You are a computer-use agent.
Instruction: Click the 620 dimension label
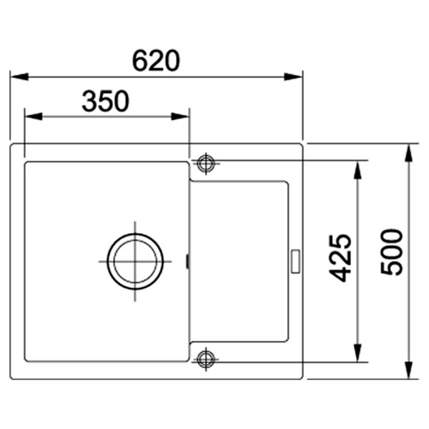point(156,61)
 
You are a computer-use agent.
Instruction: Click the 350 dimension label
point(105,101)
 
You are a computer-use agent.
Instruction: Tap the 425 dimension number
point(340,258)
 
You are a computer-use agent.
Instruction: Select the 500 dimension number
point(392,252)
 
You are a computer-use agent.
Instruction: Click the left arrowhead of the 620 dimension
point(19,77)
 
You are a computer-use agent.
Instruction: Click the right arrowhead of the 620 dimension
point(293,77)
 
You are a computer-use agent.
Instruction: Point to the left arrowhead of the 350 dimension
point(34,117)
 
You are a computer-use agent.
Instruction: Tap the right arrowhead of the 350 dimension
point(180,117)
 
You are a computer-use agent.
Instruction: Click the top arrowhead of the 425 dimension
point(357,169)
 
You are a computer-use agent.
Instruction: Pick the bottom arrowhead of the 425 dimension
point(357,353)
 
